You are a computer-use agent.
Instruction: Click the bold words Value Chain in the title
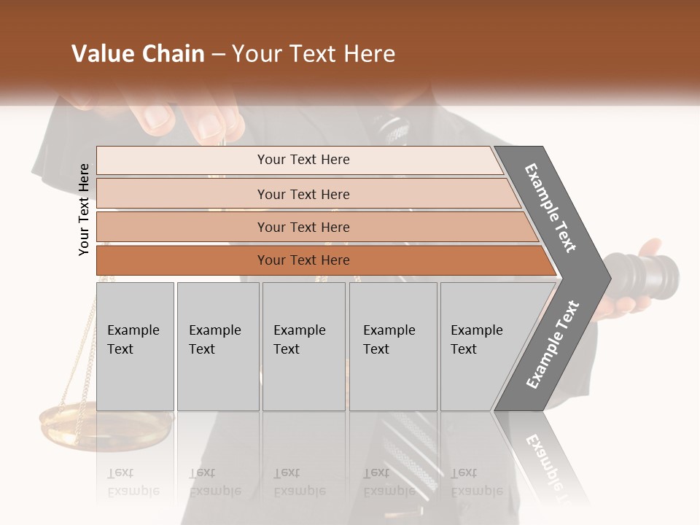[138, 54]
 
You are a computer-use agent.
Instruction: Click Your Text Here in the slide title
[314, 54]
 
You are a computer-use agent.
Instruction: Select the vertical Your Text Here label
[84, 209]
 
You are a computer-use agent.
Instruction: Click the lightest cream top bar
[299, 160]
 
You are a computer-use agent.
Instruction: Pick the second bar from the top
[306, 194]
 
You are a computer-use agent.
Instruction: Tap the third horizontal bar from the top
[314, 227]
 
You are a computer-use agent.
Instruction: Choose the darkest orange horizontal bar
[321, 260]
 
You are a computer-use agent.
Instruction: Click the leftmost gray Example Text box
[135, 346]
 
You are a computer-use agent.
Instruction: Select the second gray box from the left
[217, 346]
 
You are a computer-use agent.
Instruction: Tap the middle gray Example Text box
[303, 346]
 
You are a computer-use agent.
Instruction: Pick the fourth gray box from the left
[392, 346]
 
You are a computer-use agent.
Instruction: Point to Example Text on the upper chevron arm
[551, 208]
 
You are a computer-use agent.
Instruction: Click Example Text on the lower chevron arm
[553, 344]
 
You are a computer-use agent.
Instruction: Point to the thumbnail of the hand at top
[157, 117]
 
